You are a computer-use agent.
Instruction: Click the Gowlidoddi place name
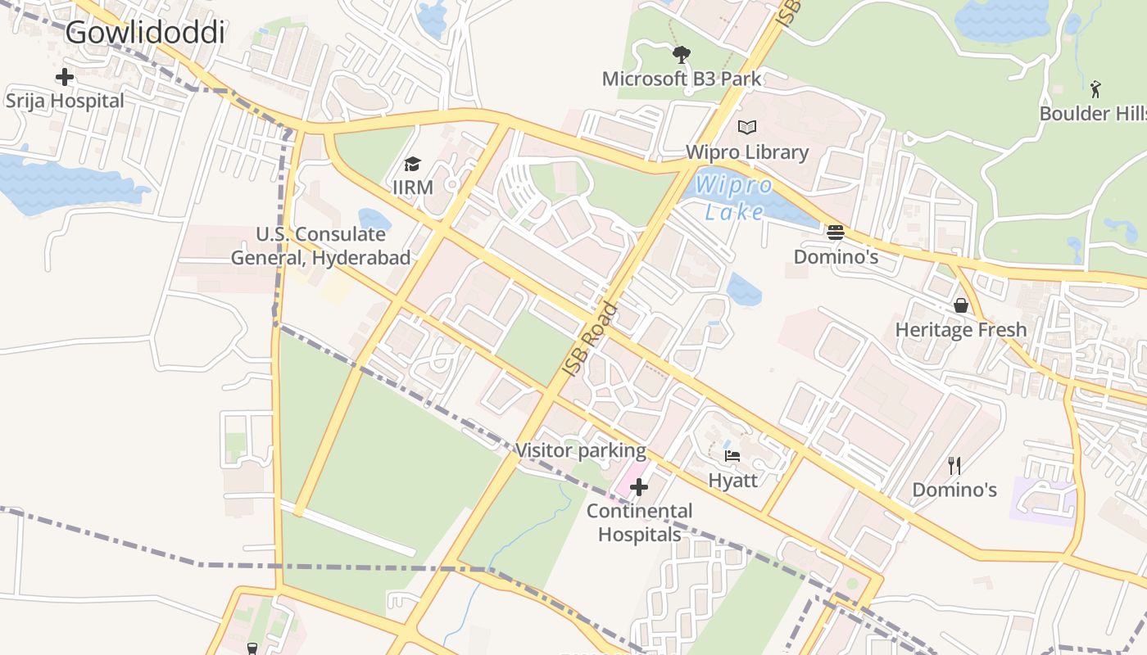point(145,33)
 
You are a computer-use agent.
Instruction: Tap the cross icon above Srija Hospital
point(65,78)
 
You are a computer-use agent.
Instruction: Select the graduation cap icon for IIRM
point(412,165)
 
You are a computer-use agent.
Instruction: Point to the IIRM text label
point(413,187)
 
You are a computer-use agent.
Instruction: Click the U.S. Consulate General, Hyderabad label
point(320,246)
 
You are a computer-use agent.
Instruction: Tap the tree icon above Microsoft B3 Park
point(681,55)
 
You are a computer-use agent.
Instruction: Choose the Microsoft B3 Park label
point(682,79)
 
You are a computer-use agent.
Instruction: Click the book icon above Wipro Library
point(746,127)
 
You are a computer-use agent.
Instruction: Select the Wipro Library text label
point(746,151)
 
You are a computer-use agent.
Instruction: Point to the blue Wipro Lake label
point(735,198)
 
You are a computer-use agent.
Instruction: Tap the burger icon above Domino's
point(836,232)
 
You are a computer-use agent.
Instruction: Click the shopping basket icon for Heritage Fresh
point(960,305)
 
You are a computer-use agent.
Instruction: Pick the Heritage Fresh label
point(960,329)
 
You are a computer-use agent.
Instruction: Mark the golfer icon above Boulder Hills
point(1095,88)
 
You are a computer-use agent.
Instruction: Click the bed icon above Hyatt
point(732,455)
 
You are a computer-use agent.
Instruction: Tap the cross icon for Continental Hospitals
point(639,487)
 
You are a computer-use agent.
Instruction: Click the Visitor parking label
point(580,450)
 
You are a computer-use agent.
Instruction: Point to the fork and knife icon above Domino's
point(954,466)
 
